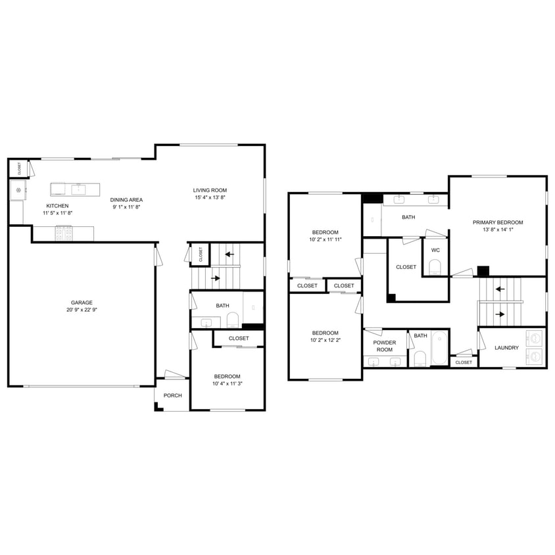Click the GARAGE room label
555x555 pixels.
[82, 302]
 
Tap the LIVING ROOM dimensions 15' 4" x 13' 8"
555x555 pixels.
[210, 198]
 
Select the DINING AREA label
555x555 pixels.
[126, 200]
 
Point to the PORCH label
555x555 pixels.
[172, 395]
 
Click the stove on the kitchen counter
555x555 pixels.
[64, 231]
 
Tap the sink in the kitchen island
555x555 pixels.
[80, 189]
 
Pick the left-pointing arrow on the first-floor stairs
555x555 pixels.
[229, 253]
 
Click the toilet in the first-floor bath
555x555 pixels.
[233, 320]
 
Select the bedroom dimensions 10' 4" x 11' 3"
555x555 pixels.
[228, 383]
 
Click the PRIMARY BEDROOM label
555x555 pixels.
[498, 222]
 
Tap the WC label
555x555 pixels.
[435, 250]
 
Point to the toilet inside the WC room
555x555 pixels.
[435, 267]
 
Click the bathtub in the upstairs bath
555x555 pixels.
[440, 347]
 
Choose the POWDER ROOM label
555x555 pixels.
[384, 346]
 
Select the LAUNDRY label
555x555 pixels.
[506, 348]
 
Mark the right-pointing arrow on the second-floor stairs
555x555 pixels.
[500, 314]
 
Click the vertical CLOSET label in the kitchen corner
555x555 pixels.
[19, 168]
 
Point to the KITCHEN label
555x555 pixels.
[57, 206]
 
